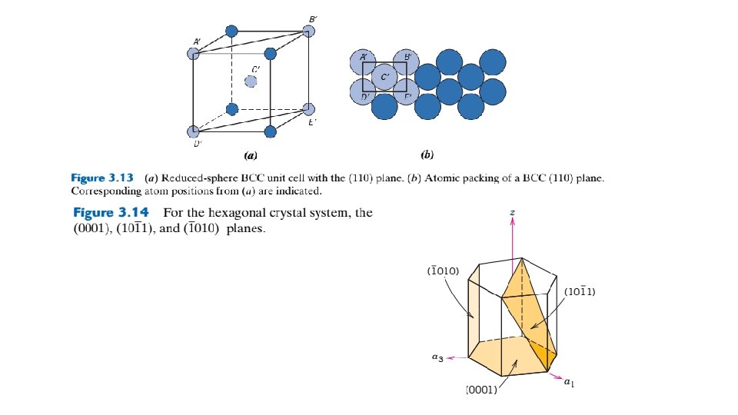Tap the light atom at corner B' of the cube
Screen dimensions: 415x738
(x=309, y=32)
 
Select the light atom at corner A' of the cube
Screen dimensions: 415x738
(x=194, y=54)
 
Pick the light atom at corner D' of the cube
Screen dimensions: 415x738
(x=194, y=131)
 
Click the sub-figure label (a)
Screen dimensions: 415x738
(x=250, y=155)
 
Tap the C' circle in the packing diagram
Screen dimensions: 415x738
(x=384, y=77)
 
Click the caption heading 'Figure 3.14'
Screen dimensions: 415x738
(x=116, y=213)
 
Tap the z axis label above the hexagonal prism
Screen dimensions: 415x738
(x=512, y=208)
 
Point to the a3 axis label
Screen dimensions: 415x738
(x=436, y=357)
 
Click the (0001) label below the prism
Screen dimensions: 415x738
(x=483, y=390)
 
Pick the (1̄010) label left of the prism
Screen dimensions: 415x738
(x=443, y=271)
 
